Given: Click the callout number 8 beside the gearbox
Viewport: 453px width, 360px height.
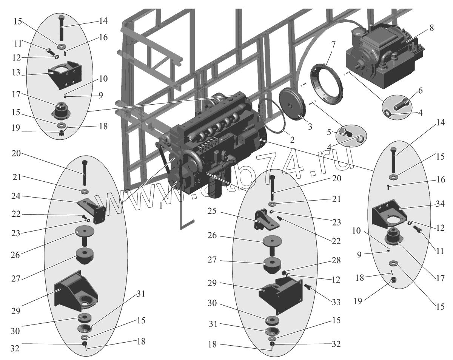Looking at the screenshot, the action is (x=431, y=28).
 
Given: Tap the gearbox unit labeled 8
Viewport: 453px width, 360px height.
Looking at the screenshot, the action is (x=385, y=58).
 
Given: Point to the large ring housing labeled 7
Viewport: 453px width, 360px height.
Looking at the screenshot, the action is (x=327, y=84).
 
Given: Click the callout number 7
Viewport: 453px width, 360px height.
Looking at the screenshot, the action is (x=333, y=45).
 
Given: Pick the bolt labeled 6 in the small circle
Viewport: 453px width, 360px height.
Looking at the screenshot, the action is (x=401, y=105).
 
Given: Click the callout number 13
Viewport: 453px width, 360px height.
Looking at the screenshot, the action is (x=16, y=73).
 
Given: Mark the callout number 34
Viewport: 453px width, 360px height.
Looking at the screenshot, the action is (x=440, y=204).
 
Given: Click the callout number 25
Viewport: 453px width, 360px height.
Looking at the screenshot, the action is (x=212, y=211).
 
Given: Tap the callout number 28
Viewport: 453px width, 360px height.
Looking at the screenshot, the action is (x=336, y=260).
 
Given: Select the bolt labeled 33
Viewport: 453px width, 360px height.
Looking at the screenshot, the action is (x=308, y=287).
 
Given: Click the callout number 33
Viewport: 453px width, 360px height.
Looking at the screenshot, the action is (x=336, y=302).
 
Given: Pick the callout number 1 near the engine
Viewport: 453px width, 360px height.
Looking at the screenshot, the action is (x=161, y=206).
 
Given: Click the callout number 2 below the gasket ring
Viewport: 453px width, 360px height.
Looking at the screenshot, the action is (x=292, y=140).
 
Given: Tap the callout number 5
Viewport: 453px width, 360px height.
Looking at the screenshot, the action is (x=329, y=132).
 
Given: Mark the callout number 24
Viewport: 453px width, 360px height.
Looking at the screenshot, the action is (x=16, y=196).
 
